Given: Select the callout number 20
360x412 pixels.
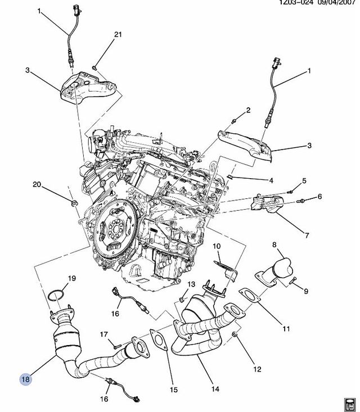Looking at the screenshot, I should (x=37, y=184).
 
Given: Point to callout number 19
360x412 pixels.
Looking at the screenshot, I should (x=71, y=278).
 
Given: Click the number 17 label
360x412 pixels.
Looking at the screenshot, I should (x=104, y=335).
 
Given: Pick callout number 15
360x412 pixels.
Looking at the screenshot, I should (x=174, y=389).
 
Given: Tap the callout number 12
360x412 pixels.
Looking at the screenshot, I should (x=257, y=369).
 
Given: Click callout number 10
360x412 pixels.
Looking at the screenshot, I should (x=217, y=246).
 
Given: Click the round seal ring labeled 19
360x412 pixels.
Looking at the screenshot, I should (x=56, y=296).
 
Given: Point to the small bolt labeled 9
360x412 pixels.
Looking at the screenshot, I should (x=294, y=280).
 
